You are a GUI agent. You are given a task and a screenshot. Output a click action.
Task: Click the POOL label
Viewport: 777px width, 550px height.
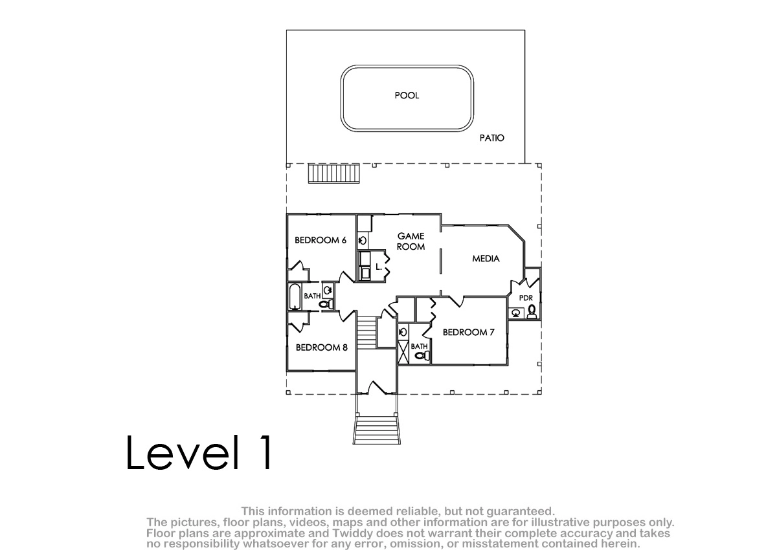407,95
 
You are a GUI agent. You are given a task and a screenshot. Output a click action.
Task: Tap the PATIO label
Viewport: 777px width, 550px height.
491,138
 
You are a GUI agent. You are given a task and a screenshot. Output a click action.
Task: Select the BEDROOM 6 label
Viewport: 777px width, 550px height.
320,240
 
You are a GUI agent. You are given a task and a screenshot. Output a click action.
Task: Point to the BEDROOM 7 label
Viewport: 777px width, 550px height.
468,333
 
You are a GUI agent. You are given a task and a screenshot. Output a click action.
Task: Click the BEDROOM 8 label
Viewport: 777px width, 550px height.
321,347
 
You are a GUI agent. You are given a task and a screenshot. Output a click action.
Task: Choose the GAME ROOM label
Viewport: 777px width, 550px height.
411,241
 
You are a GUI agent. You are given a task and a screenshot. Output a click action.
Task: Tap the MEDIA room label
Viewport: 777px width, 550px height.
486,259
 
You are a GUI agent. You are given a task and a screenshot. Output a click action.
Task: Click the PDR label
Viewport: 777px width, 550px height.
526,298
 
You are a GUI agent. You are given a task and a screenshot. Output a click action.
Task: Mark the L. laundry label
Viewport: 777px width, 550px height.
378,267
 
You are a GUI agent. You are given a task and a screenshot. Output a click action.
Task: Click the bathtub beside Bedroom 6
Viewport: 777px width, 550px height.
295,296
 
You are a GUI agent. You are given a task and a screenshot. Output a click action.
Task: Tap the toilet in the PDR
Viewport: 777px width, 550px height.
532,312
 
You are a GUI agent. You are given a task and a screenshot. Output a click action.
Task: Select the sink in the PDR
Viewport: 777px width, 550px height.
516,313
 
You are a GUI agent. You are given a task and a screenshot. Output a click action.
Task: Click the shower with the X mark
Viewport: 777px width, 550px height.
403,352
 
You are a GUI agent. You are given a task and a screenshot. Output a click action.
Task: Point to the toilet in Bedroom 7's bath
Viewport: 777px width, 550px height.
422,355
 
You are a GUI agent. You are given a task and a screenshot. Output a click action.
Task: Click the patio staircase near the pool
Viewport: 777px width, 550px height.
333,173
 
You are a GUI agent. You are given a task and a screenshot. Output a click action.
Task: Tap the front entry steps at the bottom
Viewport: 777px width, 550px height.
377,430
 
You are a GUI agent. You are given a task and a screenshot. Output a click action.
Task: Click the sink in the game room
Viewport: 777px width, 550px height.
363,240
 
